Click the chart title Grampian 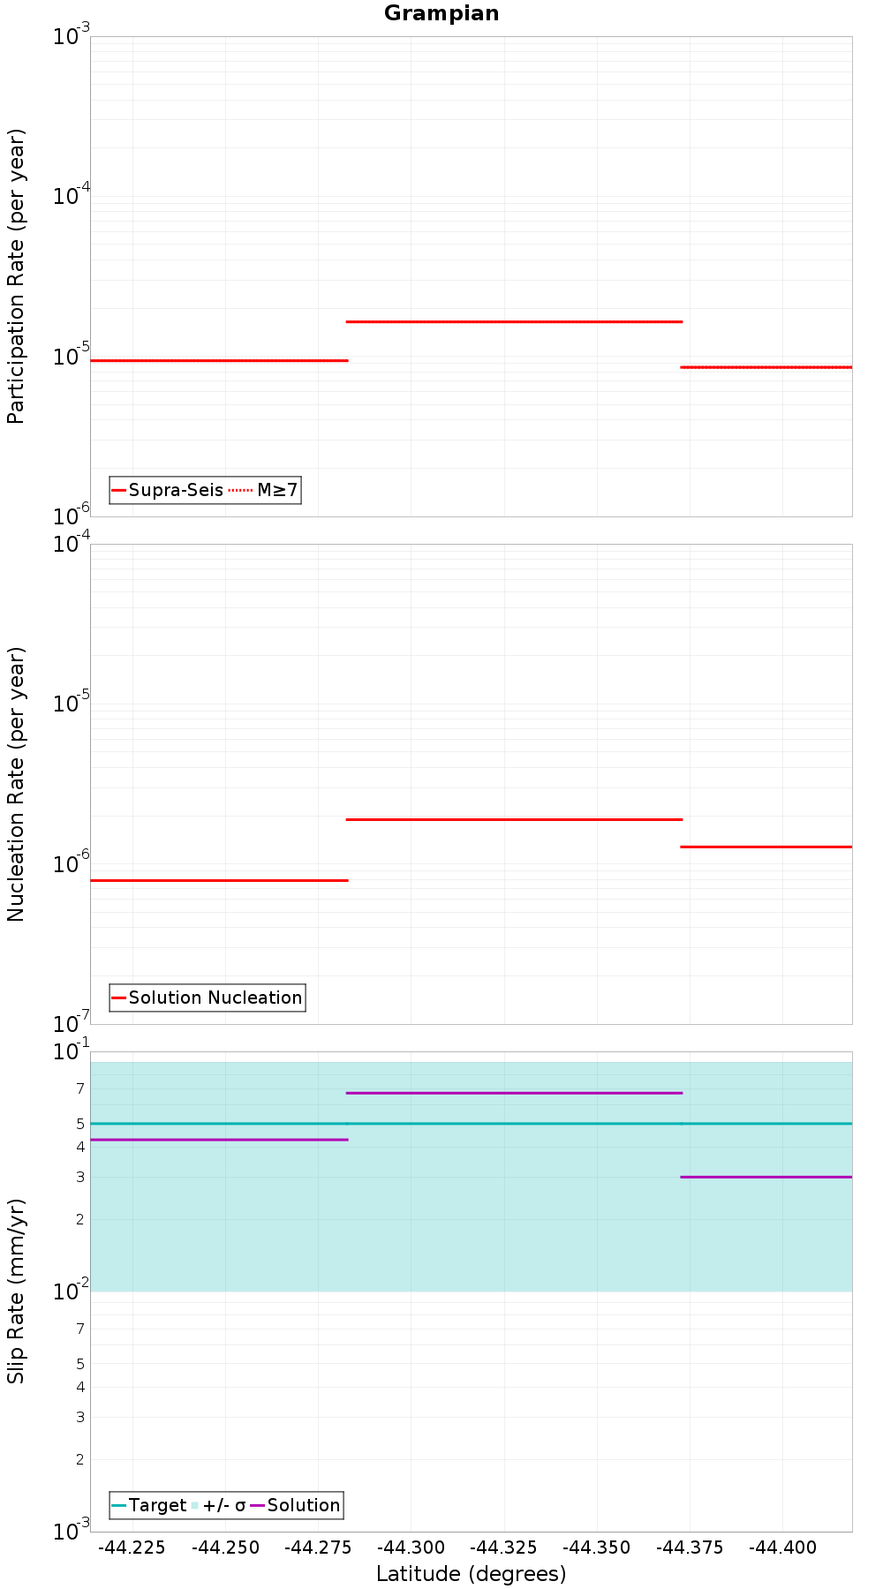[x=441, y=13]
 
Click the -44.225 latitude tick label [x=132, y=1548]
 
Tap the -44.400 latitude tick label [x=782, y=1548]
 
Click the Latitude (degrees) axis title [x=471, y=1573]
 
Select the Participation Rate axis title [x=16, y=276]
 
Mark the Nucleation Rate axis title [x=16, y=784]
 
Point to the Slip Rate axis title [x=16, y=1291]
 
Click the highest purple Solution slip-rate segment [x=514, y=1093]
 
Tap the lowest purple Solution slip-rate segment [x=766, y=1177]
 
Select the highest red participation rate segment [x=514, y=321]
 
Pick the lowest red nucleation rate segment [x=219, y=880]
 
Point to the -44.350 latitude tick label [x=597, y=1548]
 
